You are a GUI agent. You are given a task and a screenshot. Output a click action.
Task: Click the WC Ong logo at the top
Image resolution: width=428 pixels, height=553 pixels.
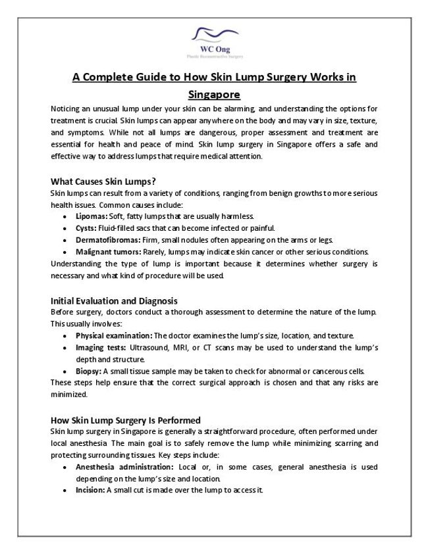(214, 41)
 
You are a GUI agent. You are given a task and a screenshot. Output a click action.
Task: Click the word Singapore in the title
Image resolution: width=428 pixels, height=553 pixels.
(214, 94)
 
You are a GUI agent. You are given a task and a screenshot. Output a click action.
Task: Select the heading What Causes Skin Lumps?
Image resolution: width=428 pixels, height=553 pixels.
(102, 181)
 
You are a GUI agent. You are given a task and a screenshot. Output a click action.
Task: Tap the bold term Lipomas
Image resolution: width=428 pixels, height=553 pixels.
(92, 216)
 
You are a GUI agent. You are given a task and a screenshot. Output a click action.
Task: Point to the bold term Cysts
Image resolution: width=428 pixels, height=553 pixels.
(86, 228)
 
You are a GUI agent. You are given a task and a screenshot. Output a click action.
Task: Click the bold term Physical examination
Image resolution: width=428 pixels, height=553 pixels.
(113, 335)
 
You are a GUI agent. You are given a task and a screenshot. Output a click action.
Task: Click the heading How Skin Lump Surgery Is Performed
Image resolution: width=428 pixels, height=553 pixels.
(125, 420)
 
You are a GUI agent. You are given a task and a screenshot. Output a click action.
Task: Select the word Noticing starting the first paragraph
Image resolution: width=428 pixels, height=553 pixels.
(67, 108)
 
